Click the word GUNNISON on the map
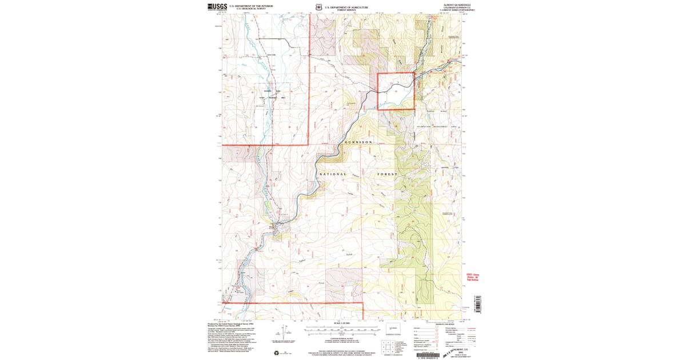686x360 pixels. pyautogui.click(x=358, y=142)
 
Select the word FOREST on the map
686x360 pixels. pyautogui.click(x=387, y=174)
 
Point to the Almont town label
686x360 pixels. pyautogui.click(x=272, y=227)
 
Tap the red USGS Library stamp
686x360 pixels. pyautogui.click(x=472, y=277)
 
